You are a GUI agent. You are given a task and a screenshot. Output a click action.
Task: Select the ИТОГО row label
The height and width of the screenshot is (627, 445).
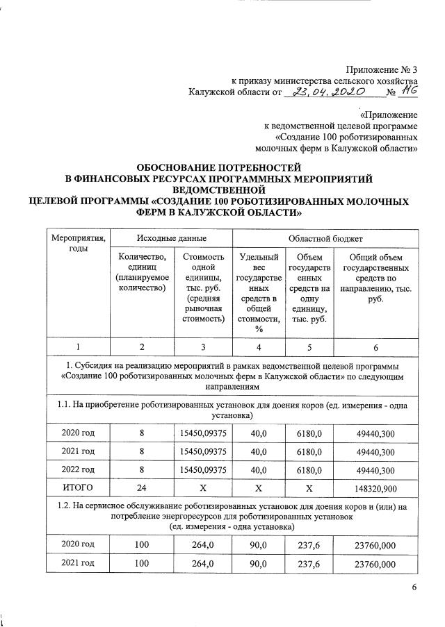tap(78, 488)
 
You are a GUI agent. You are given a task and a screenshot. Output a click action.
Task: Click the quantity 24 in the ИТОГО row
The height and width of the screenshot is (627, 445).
tap(142, 488)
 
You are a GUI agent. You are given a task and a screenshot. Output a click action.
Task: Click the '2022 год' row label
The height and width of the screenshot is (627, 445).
tap(78, 470)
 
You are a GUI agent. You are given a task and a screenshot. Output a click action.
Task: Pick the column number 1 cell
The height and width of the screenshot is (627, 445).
tap(78, 347)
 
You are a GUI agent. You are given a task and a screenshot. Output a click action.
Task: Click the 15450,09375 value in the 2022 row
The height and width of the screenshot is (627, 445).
tap(204, 470)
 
